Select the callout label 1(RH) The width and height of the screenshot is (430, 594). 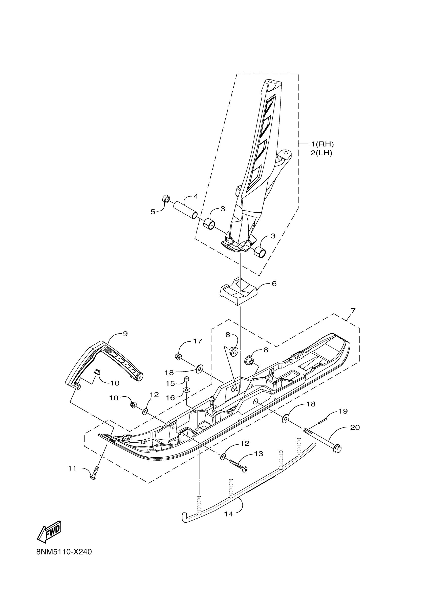[x=322, y=144]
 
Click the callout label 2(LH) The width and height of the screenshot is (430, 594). [x=321, y=153]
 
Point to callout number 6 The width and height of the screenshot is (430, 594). [x=274, y=284]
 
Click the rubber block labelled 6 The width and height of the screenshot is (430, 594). [x=238, y=294]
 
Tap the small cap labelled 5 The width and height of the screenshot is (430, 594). [x=166, y=199]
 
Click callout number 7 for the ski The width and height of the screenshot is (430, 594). [x=353, y=311]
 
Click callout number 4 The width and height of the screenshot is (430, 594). [x=196, y=196]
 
